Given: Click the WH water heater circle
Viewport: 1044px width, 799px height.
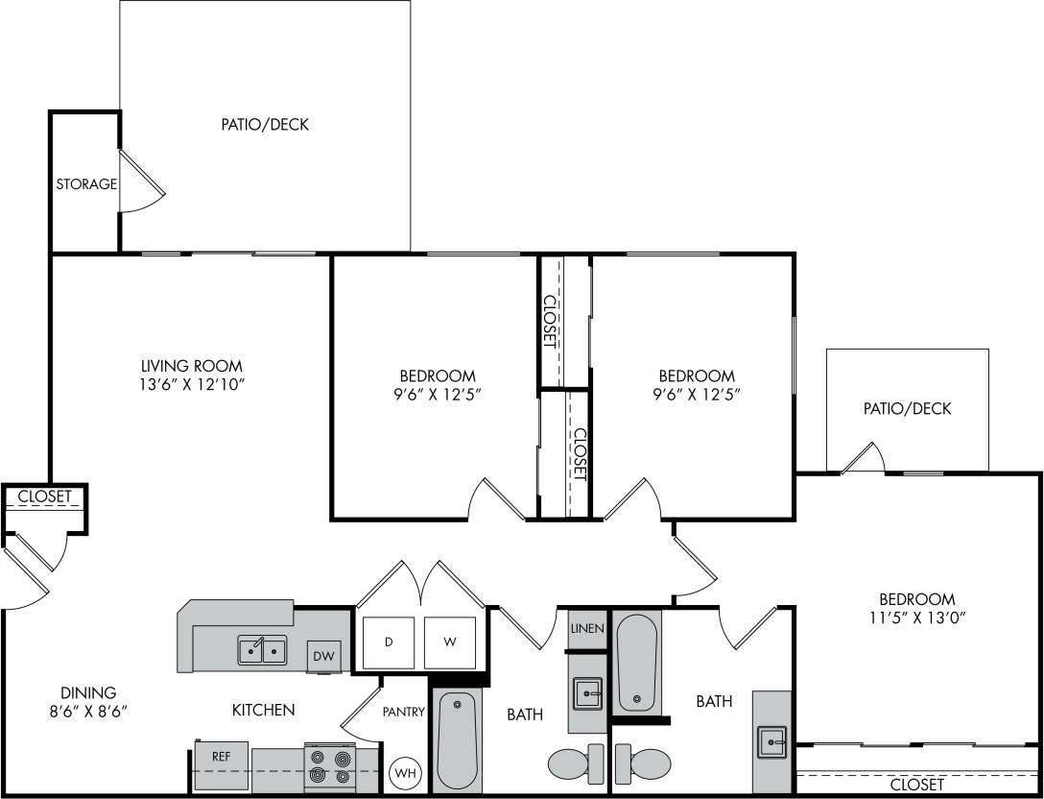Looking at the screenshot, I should [405, 771].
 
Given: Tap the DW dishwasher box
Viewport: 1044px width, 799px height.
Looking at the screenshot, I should [322, 657].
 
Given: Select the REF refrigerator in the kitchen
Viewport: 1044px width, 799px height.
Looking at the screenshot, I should [221, 757].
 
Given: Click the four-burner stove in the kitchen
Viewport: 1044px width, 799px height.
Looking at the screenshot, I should [329, 765].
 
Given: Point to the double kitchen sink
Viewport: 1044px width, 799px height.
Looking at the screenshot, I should [262, 651].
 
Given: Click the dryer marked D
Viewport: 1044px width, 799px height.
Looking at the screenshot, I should [389, 642].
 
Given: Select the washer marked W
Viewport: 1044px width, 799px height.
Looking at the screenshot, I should [450, 642].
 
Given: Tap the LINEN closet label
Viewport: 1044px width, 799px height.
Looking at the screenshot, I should [586, 629].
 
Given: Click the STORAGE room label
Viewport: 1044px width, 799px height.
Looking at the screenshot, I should [85, 183].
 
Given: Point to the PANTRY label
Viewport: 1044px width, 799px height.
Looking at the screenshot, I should [403, 712].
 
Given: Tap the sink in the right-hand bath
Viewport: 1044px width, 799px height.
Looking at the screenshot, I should [772, 740].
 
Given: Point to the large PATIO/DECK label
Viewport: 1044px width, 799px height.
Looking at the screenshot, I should [265, 124].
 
